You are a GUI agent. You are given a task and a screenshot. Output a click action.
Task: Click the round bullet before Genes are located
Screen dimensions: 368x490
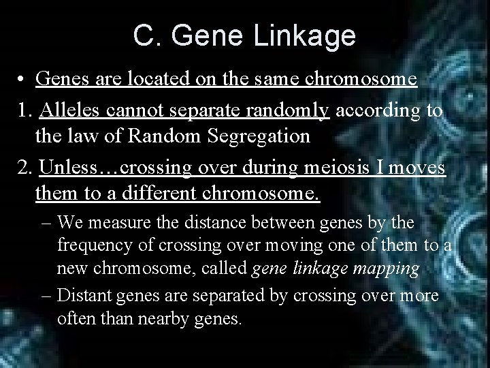[x=23, y=80]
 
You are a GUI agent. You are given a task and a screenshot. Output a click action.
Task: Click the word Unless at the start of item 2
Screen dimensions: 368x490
[x=69, y=166]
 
